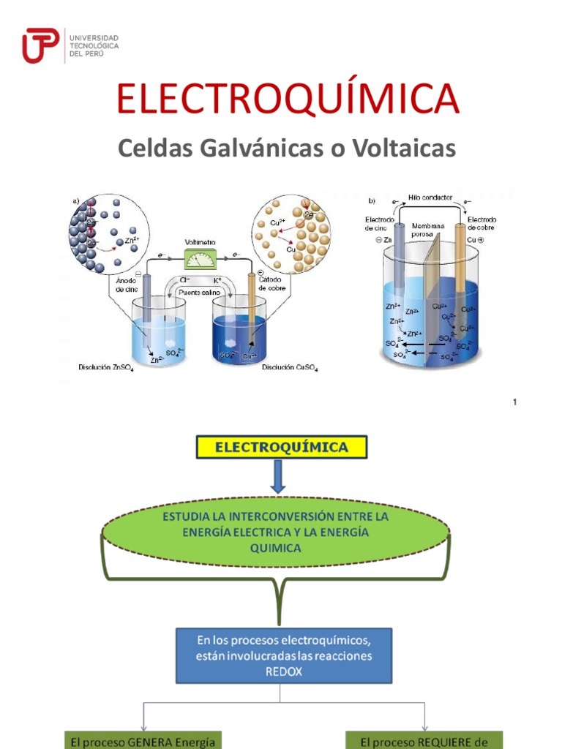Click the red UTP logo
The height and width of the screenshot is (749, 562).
point(41,45)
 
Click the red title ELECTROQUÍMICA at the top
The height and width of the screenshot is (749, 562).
point(288,99)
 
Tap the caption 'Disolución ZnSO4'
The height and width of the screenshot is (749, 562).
point(106,368)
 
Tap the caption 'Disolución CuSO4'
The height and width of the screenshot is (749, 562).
point(290,368)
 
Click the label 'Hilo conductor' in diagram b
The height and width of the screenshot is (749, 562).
point(429,198)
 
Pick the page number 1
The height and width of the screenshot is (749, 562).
point(515,402)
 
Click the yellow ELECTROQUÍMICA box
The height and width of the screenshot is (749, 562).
point(281,446)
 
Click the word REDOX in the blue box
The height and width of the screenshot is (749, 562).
point(283,670)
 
